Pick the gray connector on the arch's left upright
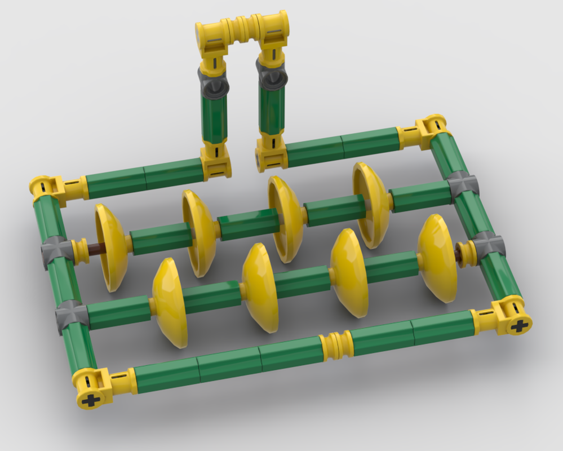click(x=214, y=82)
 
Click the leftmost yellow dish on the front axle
click(x=169, y=302)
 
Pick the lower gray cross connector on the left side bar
click(x=71, y=316)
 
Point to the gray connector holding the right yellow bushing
click(x=486, y=247)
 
